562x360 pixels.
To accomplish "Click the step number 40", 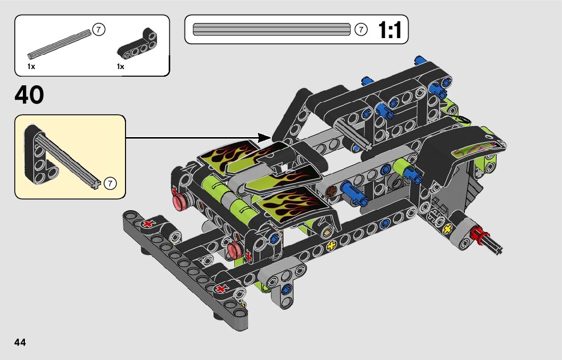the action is pyautogui.click(x=29, y=95).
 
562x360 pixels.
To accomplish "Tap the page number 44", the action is pyautogui.click(x=20, y=342).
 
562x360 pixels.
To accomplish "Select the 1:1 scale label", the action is pyautogui.click(x=390, y=30).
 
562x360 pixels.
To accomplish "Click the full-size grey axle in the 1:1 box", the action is pyautogui.click(x=272, y=29).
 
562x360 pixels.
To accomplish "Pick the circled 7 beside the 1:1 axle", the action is pyautogui.click(x=361, y=29).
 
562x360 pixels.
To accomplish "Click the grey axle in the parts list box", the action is pyautogui.click(x=59, y=44).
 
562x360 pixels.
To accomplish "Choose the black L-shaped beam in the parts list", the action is pyautogui.click(x=138, y=44).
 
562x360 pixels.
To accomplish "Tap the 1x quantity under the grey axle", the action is pyautogui.click(x=31, y=67).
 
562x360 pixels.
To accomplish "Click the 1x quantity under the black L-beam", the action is pyautogui.click(x=120, y=67).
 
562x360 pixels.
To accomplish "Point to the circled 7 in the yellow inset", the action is pyautogui.click(x=110, y=183).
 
